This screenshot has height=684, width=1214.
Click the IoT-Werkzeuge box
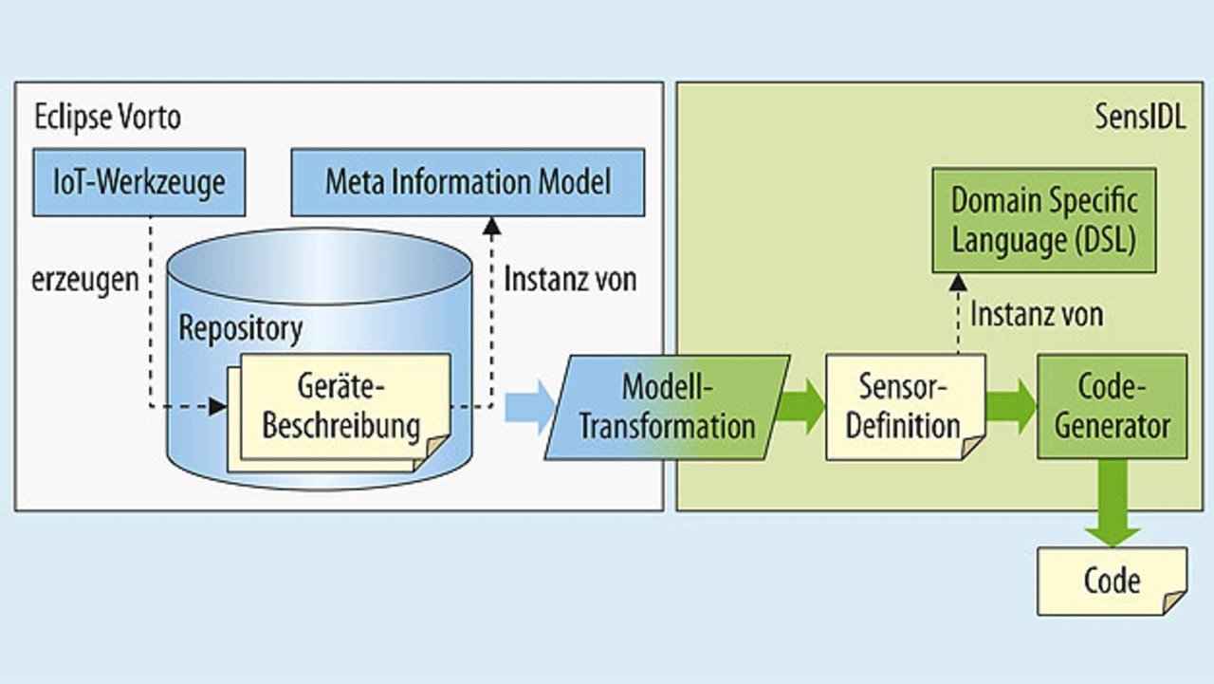(138, 181)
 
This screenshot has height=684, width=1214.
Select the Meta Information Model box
(468, 181)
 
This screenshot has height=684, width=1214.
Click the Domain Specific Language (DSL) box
(1043, 220)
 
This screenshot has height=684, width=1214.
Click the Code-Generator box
(1112, 406)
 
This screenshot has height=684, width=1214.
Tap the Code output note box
(1112, 580)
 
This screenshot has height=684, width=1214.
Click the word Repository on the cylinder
(241, 328)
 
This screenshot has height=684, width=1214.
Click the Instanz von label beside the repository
(570, 280)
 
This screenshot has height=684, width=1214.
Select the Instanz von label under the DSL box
(1037, 314)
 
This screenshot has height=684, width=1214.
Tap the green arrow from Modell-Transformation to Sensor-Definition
(800, 407)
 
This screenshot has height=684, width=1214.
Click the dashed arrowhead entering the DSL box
(957, 281)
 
